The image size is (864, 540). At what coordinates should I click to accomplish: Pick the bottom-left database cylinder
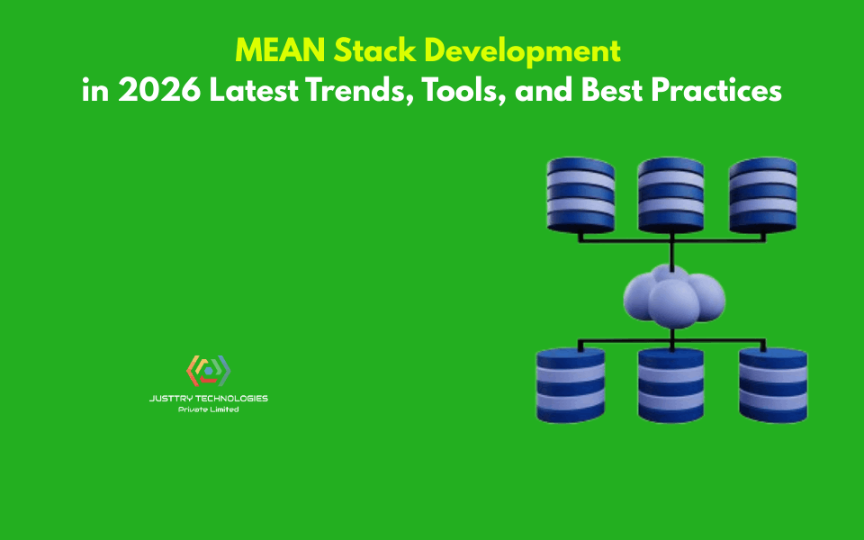click(x=571, y=384)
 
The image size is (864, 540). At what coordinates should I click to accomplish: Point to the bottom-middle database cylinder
click(x=670, y=384)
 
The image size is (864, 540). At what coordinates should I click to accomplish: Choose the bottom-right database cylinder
click(x=773, y=384)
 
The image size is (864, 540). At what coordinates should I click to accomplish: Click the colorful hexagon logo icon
click(x=208, y=370)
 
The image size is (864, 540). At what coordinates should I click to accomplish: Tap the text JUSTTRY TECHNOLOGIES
click(x=208, y=398)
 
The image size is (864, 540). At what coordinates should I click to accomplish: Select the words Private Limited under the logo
click(x=208, y=409)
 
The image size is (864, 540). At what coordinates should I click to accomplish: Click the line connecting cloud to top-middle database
click(x=671, y=252)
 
